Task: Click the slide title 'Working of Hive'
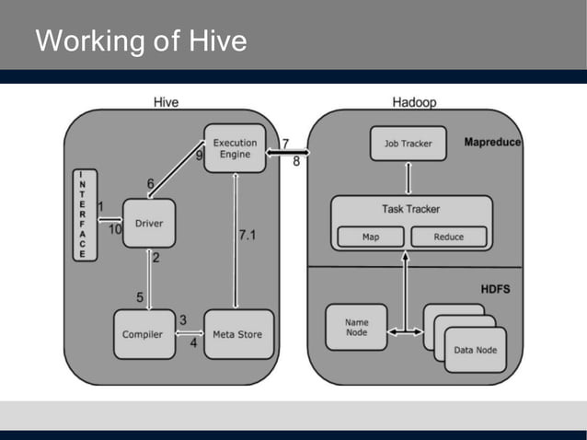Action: click(x=141, y=41)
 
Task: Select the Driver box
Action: click(x=149, y=223)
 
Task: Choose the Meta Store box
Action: click(x=238, y=334)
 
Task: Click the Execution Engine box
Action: click(x=235, y=149)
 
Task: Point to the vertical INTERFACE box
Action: click(x=85, y=214)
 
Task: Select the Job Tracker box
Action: click(x=408, y=144)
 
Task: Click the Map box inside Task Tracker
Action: click(x=371, y=237)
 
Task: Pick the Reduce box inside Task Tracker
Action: click(x=450, y=237)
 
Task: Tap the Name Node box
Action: click(x=356, y=328)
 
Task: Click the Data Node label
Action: click(x=475, y=350)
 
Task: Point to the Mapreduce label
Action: click(x=492, y=143)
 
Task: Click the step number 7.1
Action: click(x=247, y=236)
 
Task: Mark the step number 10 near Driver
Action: click(x=115, y=230)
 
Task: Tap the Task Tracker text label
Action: click(x=411, y=209)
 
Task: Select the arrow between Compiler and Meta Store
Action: click(x=189, y=334)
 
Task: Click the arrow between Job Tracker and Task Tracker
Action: click(x=408, y=178)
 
